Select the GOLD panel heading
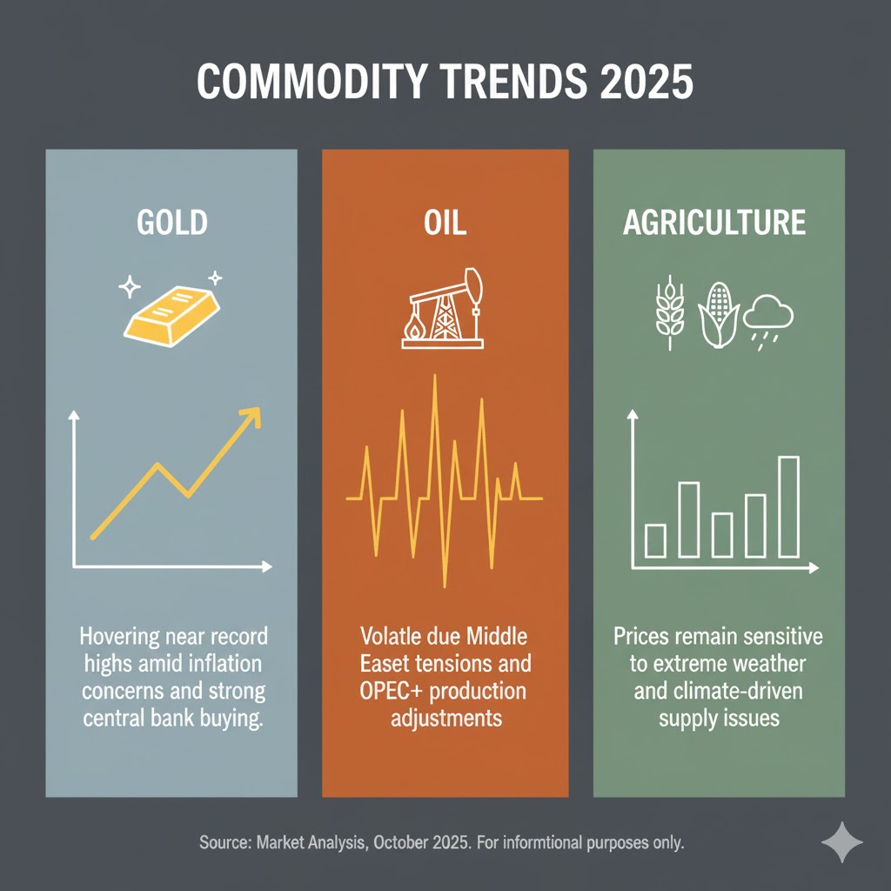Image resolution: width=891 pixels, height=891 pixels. [x=172, y=223]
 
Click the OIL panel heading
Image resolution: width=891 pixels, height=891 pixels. [x=445, y=223]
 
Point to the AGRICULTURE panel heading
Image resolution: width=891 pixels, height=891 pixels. [x=714, y=223]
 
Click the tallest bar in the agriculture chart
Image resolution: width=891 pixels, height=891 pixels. [x=787, y=506]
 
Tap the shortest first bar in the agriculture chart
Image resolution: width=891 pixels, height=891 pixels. [x=655, y=540]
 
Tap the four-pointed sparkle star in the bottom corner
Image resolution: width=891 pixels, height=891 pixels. [x=841, y=841]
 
